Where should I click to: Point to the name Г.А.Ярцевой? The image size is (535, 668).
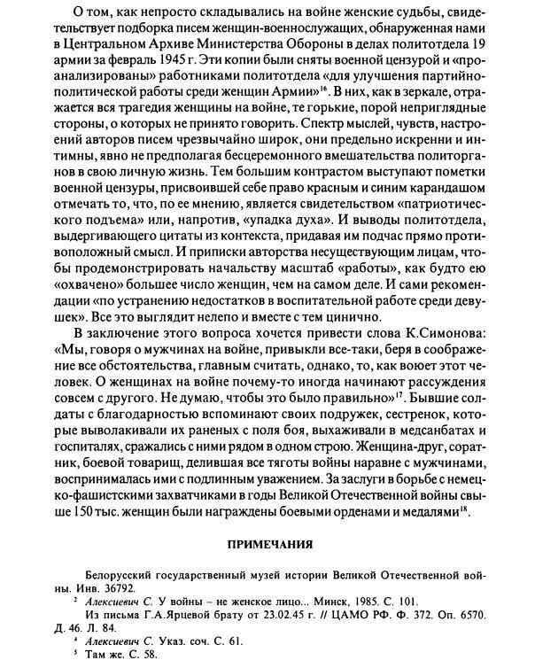189,614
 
